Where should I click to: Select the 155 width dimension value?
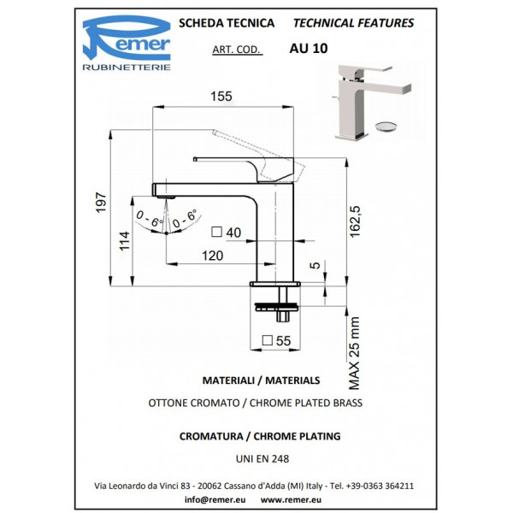tap(221, 97)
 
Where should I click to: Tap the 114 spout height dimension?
tap(126, 243)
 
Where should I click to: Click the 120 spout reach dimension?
tap(212, 256)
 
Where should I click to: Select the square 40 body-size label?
tap(227, 232)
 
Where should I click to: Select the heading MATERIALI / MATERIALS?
tap(261, 380)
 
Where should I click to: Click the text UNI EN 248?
tap(261, 458)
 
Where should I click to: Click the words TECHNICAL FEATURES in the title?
tap(353, 23)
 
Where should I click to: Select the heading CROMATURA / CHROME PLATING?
tap(260, 436)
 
